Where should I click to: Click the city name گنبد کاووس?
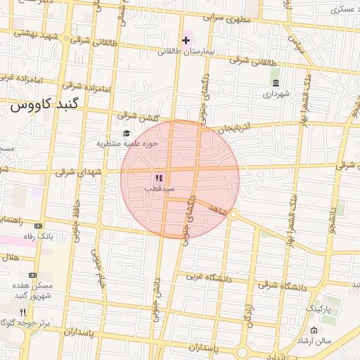[46, 105]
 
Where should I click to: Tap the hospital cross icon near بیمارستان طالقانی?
[186, 41]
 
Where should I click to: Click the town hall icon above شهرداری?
[275, 83]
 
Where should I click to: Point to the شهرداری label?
[275, 94]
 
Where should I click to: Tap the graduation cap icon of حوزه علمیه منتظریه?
[127, 134]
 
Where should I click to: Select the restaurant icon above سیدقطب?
[159, 179]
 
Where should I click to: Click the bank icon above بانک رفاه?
[38, 226]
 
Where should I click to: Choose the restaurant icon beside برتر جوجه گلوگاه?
[22, 311]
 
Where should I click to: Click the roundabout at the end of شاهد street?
[233, 214]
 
